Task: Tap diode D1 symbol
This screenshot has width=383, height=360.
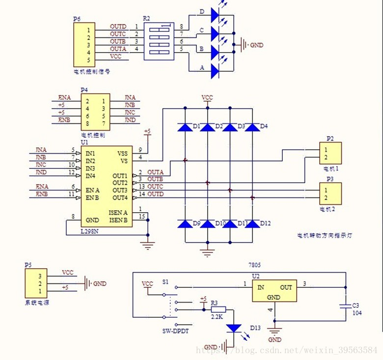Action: click(185, 127)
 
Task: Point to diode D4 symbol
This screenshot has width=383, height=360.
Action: click(252, 127)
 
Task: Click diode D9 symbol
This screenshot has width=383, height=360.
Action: click(185, 224)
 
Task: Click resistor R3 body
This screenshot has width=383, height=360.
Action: click(219, 309)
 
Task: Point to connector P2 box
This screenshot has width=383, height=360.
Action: click(329, 153)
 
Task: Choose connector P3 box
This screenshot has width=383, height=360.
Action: click(329, 194)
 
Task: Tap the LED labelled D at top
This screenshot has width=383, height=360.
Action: click(215, 14)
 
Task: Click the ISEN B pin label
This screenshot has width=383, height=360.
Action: click(118, 220)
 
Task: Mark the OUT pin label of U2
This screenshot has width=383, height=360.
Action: click(286, 287)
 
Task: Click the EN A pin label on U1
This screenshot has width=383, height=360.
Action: click(93, 190)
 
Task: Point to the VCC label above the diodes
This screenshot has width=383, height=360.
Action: click(207, 98)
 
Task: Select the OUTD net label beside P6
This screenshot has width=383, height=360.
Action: click(118, 27)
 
